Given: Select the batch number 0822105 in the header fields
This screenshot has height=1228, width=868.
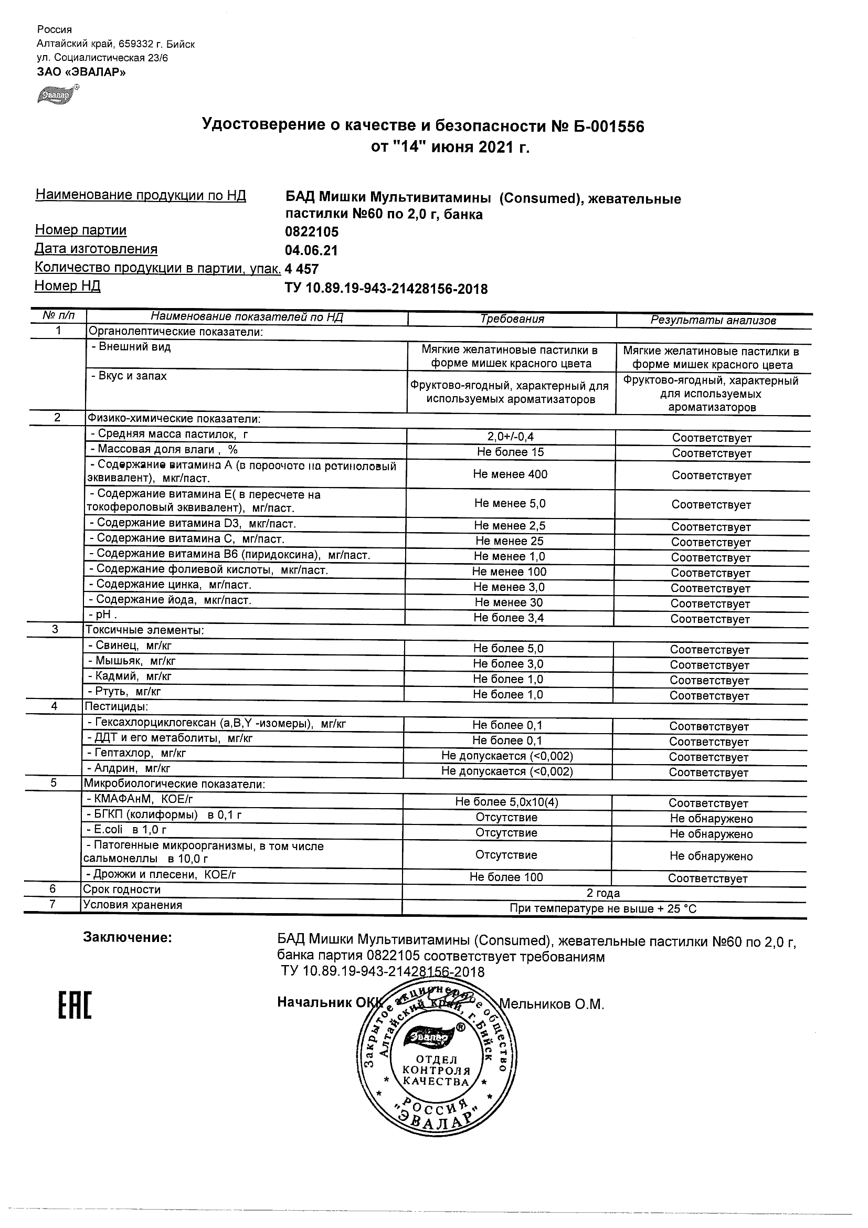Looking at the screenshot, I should [x=312, y=232].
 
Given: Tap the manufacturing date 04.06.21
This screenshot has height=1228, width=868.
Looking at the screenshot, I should [x=311, y=251].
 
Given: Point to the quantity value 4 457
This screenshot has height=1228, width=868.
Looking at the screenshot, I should [x=302, y=269].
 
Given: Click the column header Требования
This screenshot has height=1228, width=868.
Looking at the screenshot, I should [x=512, y=319].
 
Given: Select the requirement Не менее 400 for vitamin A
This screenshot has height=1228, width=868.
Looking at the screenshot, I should [x=510, y=474].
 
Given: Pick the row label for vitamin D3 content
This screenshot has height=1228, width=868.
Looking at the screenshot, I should [x=193, y=524].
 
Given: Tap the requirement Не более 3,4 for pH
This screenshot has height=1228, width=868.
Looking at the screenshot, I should [x=509, y=618].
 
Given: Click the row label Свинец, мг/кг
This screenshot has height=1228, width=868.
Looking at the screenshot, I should [x=130, y=646].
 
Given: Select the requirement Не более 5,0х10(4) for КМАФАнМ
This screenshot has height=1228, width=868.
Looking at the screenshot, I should [x=506, y=802].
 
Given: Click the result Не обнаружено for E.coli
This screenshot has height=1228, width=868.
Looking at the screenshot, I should [x=711, y=834].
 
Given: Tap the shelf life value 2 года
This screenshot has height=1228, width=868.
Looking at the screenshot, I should [x=604, y=893].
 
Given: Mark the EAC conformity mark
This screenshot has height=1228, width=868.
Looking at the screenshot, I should [x=75, y=1005].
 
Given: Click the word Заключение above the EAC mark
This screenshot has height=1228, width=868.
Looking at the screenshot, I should [x=128, y=938].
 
